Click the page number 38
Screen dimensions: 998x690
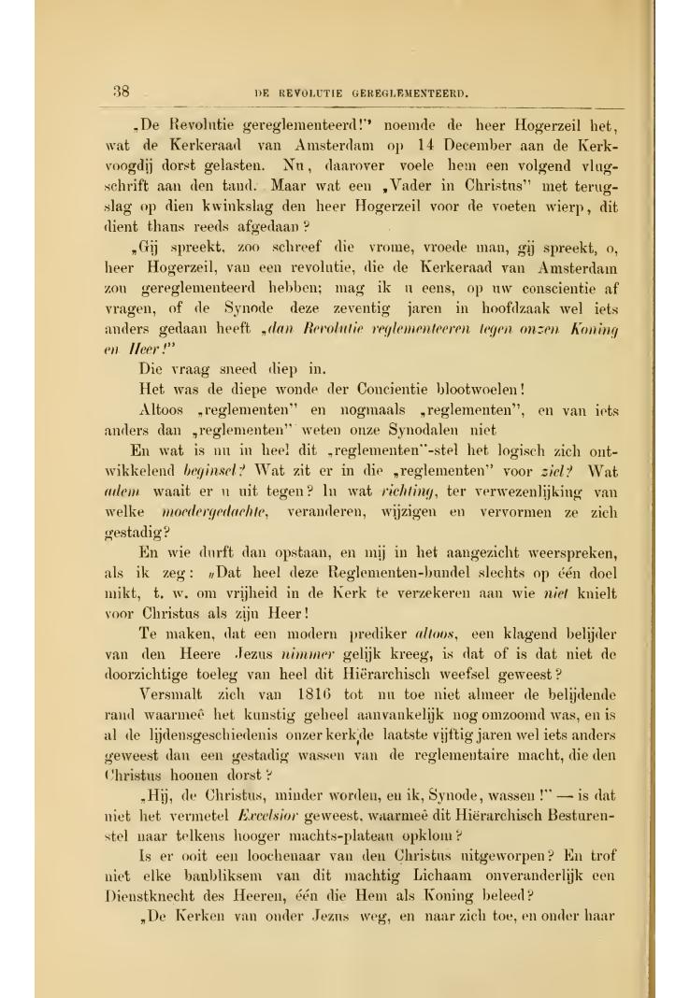[120, 92]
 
